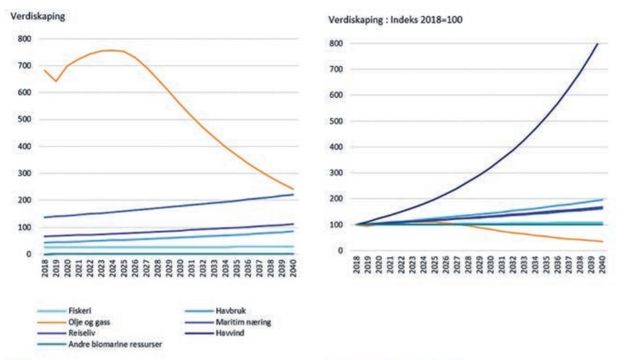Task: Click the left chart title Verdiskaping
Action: (35, 19)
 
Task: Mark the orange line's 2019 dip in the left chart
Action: (55, 81)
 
